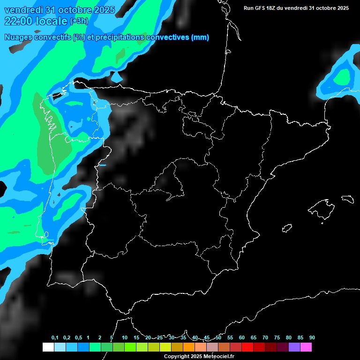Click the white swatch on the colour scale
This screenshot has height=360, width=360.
click(48, 347)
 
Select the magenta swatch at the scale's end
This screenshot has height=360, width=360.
click(306, 347)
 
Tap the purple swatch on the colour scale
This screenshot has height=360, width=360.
click(294, 347)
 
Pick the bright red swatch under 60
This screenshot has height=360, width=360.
click(247, 347)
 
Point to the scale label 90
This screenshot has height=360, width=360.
click(312, 338)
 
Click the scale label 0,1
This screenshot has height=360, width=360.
click(55, 338)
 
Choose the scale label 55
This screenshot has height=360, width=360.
click(230, 338)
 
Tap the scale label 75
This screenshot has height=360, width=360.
click(277, 338)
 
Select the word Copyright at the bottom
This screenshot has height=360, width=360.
click(177, 357)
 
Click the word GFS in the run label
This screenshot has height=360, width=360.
click(261, 8)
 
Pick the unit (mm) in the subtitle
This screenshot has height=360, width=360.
click(200, 37)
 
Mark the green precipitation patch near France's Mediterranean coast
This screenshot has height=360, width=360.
click(344, 76)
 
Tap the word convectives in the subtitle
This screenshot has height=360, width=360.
click(167, 37)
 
